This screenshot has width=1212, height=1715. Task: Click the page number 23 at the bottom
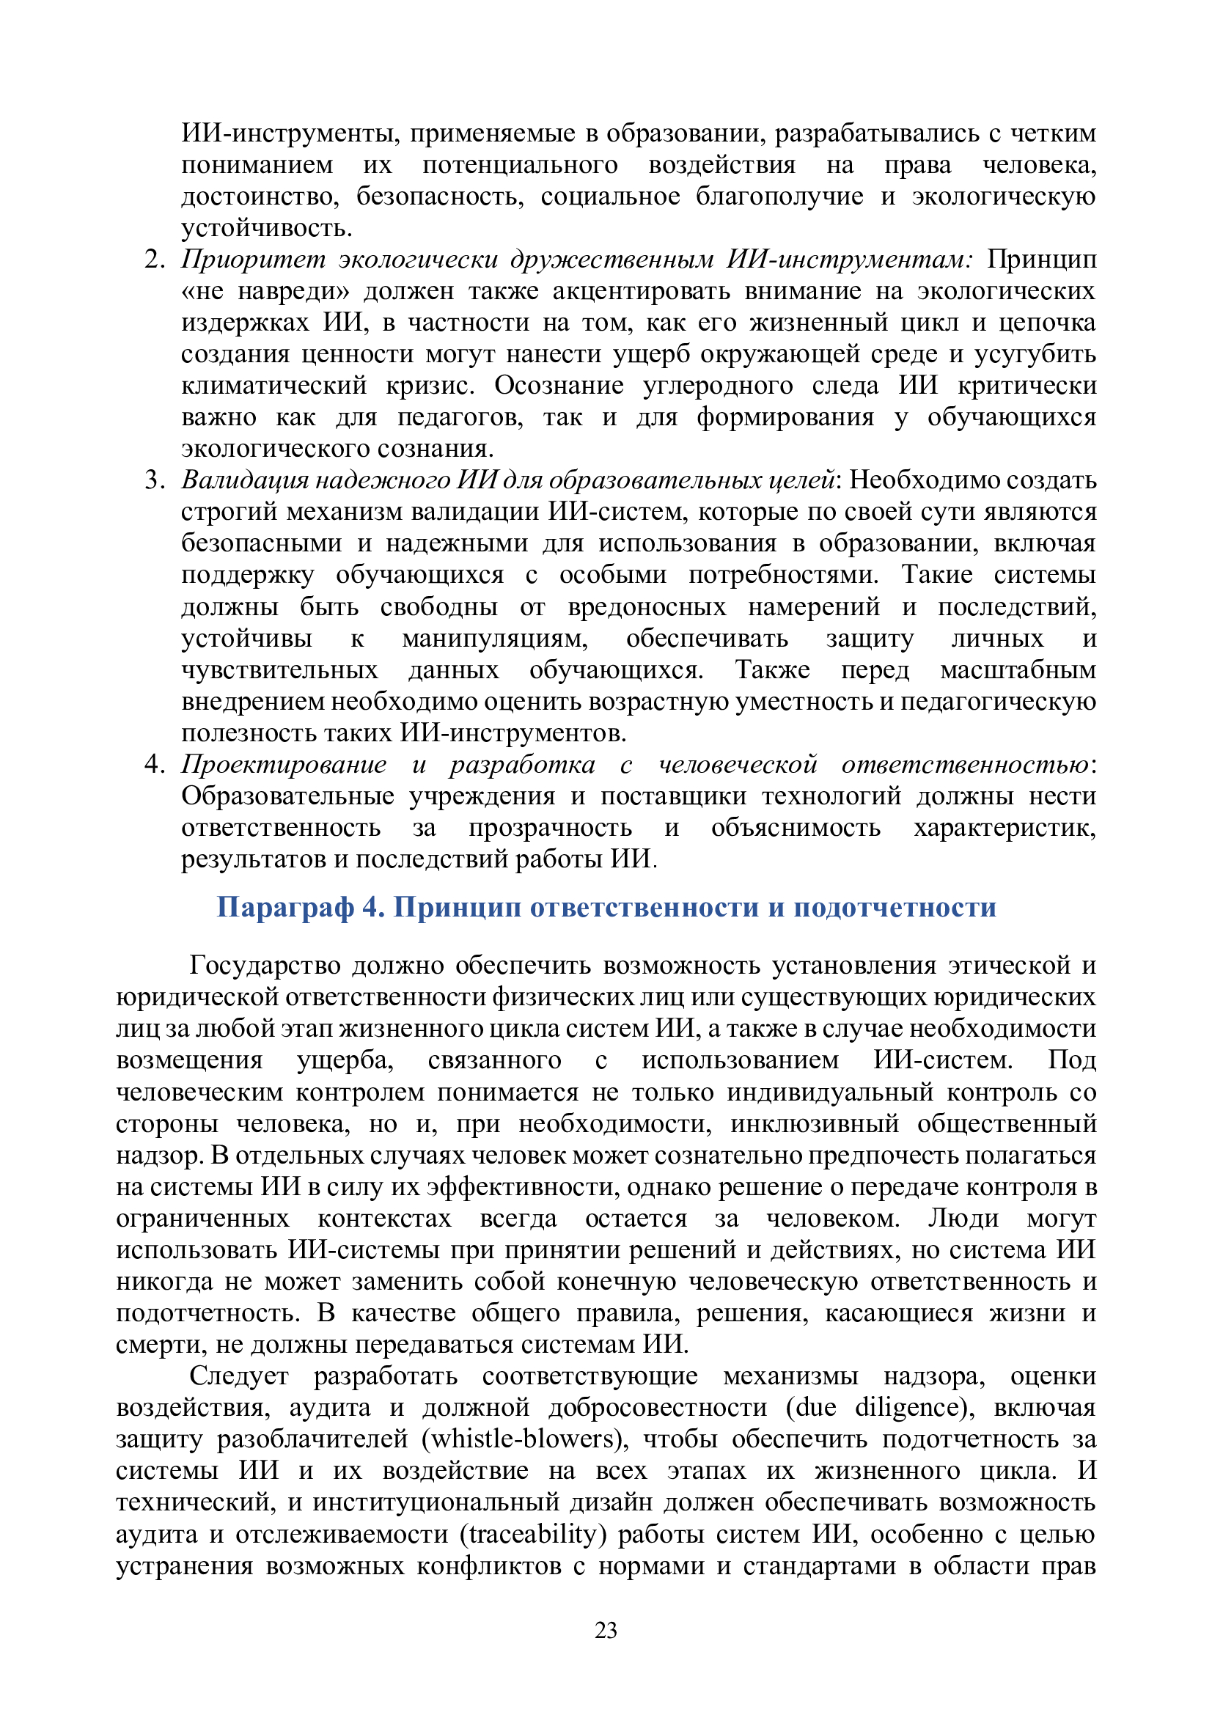pos(606,1630)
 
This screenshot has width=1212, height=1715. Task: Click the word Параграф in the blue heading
pos(284,908)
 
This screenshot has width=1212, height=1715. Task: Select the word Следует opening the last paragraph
pos(238,1375)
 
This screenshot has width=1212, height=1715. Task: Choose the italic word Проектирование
pos(284,764)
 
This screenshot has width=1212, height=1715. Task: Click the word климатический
pos(274,386)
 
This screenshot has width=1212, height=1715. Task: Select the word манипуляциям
pos(494,639)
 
